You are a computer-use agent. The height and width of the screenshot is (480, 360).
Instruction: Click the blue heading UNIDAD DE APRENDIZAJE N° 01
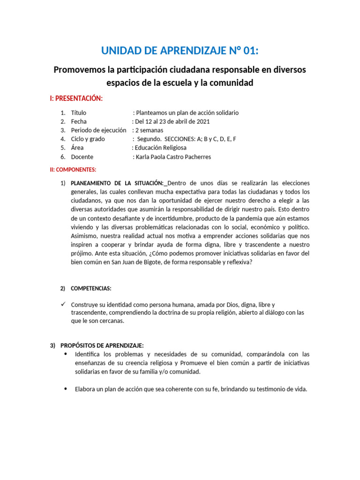tap(180, 50)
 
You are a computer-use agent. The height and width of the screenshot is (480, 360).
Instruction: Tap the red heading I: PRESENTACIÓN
tap(76, 98)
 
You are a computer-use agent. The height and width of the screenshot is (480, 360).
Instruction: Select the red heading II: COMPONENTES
tap(73, 169)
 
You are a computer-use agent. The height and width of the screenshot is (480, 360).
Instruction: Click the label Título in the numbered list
tap(79, 113)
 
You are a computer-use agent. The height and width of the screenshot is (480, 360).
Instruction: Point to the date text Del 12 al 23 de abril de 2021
tap(171, 121)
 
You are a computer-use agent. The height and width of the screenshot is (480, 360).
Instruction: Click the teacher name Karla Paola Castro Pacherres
tap(172, 157)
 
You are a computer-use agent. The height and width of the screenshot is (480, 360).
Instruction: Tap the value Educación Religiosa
tap(159, 148)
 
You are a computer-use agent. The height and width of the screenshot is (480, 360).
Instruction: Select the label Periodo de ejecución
tap(99, 130)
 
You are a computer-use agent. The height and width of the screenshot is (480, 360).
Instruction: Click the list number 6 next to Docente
tap(62, 157)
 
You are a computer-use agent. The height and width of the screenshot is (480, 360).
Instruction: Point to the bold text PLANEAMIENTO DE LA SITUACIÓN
tap(117, 183)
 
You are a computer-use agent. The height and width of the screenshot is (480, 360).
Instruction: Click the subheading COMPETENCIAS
tap(91, 288)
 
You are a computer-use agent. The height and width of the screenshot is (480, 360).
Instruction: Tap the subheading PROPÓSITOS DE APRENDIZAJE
tap(102, 345)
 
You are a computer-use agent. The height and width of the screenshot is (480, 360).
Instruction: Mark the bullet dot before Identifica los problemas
tap(65, 354)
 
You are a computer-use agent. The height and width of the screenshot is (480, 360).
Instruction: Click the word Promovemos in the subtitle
tap(79, 70)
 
